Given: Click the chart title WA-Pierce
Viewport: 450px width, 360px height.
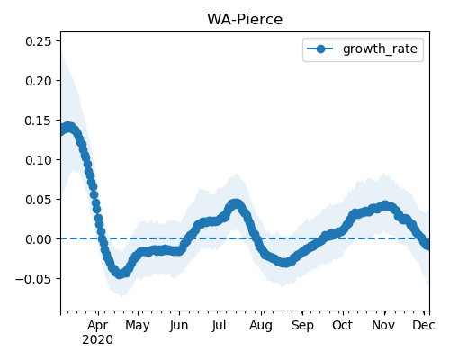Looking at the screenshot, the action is click(245, 20).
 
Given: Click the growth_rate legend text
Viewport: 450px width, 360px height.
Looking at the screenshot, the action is click(380, 49).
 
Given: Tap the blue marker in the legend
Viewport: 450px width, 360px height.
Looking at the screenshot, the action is click(320, 49).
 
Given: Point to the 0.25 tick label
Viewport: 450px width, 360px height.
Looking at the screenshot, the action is click(39, 41).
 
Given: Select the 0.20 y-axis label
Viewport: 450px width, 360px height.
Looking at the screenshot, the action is click(39, 81).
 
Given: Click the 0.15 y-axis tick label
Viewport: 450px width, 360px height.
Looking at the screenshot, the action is click(39, 121).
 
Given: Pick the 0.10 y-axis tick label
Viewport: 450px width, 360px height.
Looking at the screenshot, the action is click(39, 160).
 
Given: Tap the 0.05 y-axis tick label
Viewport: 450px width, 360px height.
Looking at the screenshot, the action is click(39, 200).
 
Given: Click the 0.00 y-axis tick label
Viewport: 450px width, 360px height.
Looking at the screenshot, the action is click(39, 239).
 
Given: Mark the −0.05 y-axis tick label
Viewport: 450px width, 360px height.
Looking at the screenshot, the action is click(34, 279).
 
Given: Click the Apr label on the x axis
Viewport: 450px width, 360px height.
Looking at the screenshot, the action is click(98, 326).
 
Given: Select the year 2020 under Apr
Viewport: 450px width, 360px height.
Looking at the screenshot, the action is click(98, 340).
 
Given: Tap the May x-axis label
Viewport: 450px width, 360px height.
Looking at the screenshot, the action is click(138, 326).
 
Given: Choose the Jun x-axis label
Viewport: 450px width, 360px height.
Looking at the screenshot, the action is click(179, 326).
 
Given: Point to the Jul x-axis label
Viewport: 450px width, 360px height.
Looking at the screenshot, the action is click(219, 326).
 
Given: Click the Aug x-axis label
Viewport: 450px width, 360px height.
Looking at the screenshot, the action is click(261, 326).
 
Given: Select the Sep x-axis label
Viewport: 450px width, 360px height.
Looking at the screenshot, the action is click(302, 326).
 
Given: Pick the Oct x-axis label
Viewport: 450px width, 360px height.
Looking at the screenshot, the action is click(342, 326).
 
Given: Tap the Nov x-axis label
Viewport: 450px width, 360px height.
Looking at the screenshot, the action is click(383, 326).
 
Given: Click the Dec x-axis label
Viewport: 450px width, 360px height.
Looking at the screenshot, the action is click(424, 326).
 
